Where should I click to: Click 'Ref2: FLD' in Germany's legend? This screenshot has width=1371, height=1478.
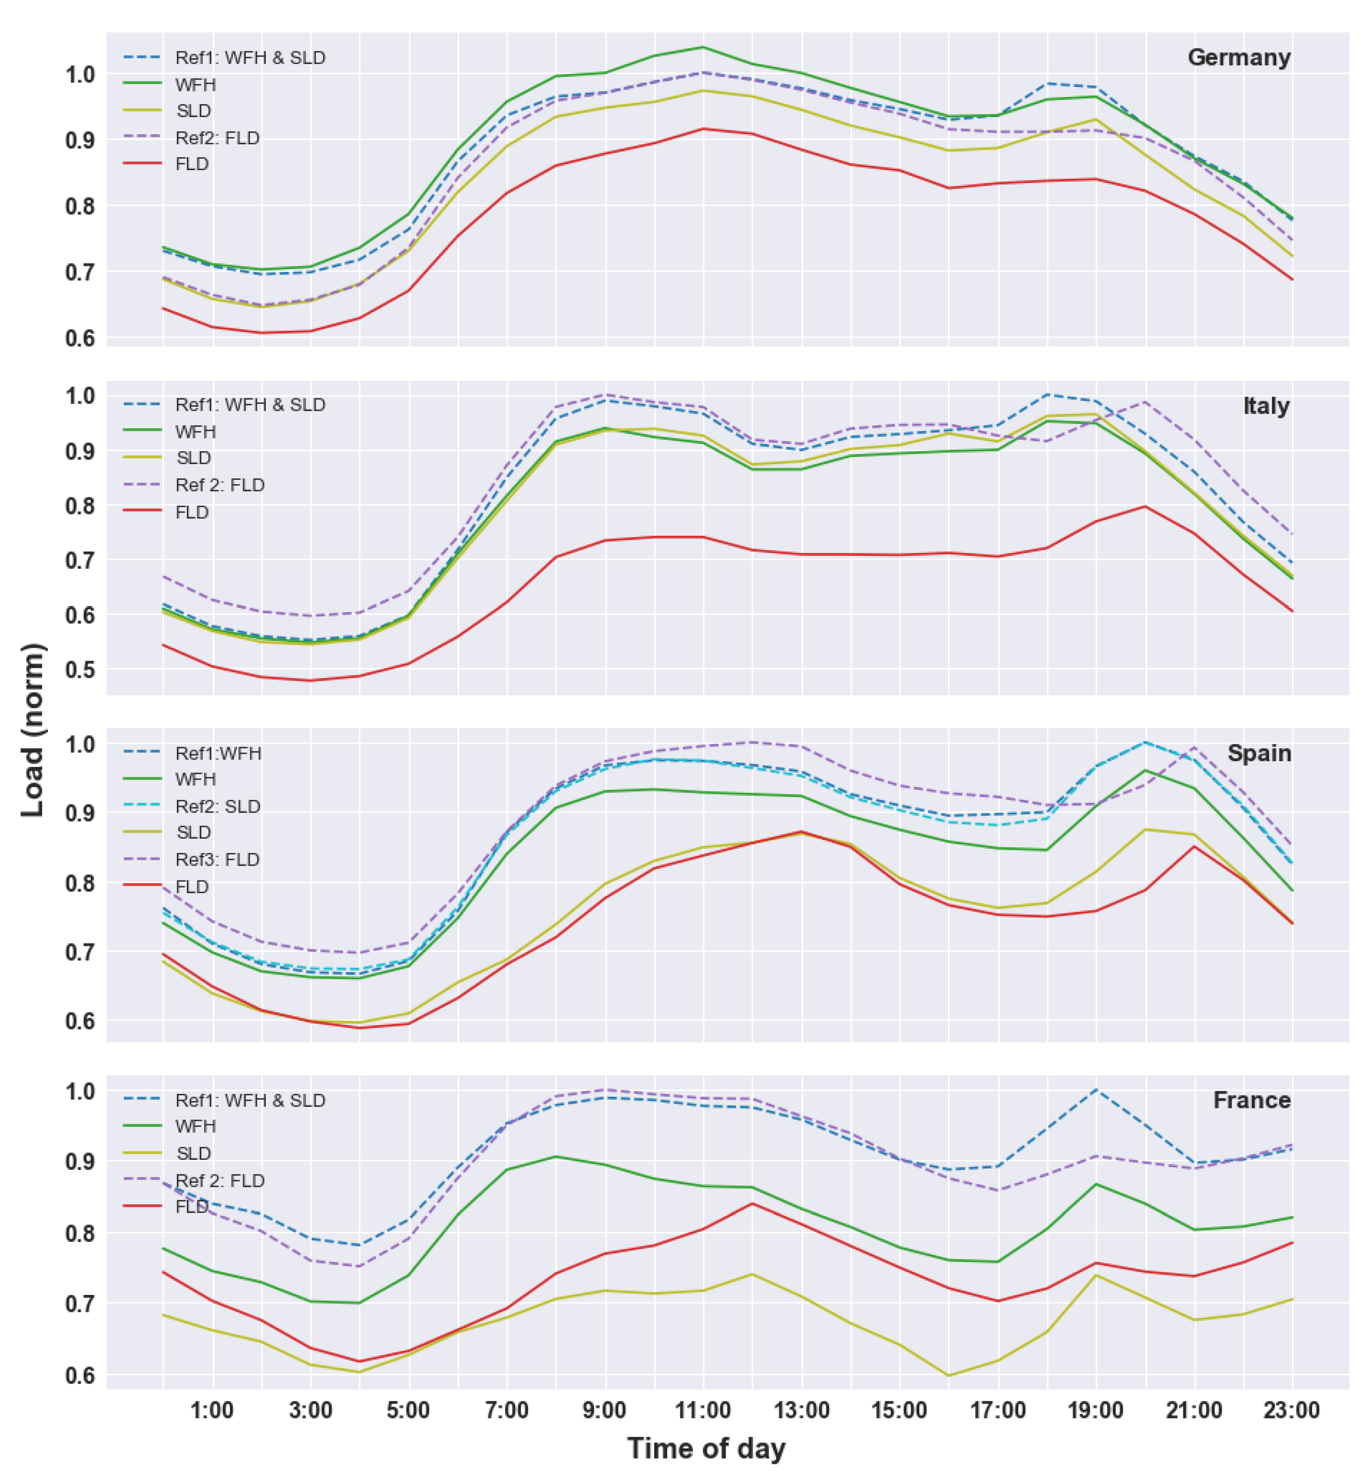coord(217,138)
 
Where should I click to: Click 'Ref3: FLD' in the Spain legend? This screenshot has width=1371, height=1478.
coord(217,860)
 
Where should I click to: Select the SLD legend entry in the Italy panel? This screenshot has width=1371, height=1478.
coord(194,458)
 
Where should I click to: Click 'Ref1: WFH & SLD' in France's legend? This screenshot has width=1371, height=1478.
coord(250,1100)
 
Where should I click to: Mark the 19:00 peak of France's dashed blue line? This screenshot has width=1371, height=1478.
coord(1096,1089)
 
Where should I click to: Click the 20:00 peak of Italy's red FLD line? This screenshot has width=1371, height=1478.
coord(1145,507)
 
